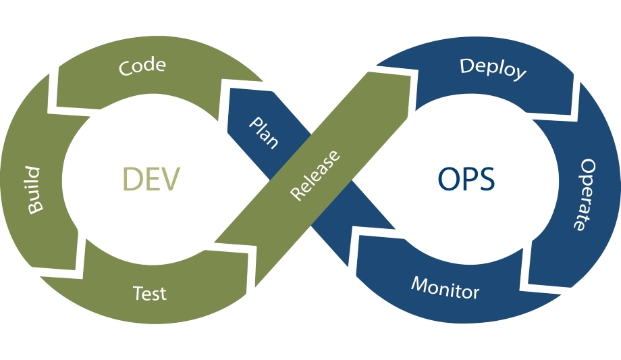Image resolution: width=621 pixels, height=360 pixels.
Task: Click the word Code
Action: pyautogui.click(x=142, y=66)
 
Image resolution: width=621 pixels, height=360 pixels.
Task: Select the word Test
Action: pyautogui.click(x=149, y=294)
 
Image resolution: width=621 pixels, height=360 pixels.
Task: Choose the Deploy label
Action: pyautogui.click(x=493, y=69)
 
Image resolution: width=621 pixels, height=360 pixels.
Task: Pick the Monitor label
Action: pyautogui.click(x=445, y=287)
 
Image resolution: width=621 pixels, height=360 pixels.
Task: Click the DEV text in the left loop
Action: pyautogui.click(x=151, y=179)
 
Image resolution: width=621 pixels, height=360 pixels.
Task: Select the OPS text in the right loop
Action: pyautogui.click(x=466, y=178)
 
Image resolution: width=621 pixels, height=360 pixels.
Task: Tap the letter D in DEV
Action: pyautogui.click(x=132, y=179)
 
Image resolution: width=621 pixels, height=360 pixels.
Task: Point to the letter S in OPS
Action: pyautogui.click(x=485, y=178)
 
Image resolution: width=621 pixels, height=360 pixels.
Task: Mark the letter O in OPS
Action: pyautogui.click(x=448, y=178)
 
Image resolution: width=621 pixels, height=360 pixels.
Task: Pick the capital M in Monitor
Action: pyautogui.click(x=418, y=282)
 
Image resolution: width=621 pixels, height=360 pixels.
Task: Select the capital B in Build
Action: pyautogui.click(x=34, y=207)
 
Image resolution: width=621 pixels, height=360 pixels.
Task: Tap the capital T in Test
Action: pyautogui.click(x=138, y=293)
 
